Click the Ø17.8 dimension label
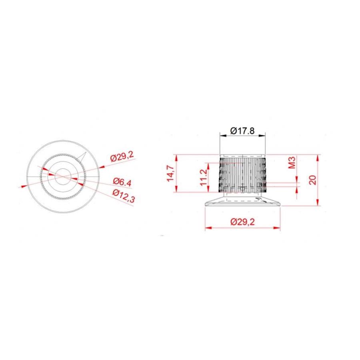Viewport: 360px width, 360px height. [x=242, y=131]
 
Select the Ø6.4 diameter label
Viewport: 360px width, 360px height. [x=122, y=182]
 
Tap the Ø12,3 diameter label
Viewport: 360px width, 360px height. [x=124, y=196]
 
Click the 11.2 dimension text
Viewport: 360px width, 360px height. [x=204, y=178]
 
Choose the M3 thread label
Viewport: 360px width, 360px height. [x=292, y=162]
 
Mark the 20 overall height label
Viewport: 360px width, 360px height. [x=312, y=180]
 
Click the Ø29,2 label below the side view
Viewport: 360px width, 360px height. [x=242, y=222]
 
